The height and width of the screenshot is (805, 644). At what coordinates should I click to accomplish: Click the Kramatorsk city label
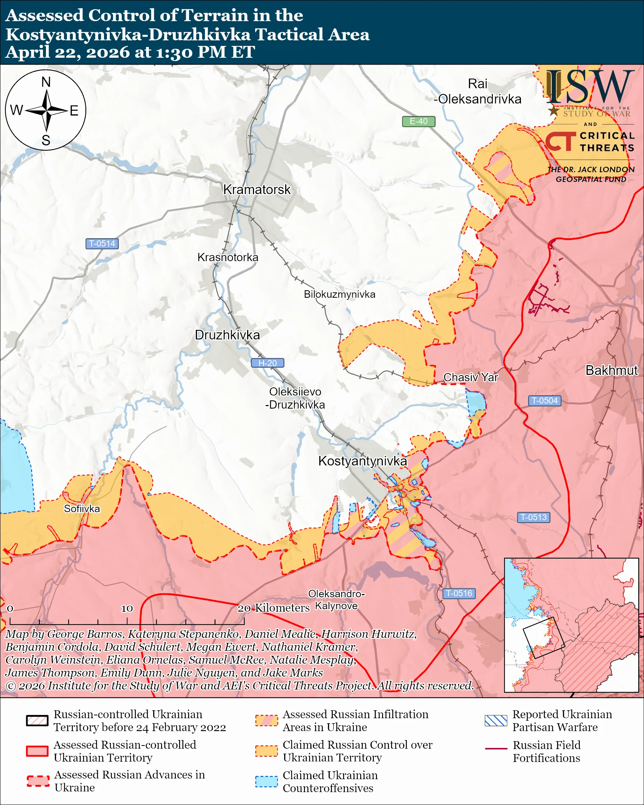point(257,189)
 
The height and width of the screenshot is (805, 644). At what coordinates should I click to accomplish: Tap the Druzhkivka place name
point(227,335)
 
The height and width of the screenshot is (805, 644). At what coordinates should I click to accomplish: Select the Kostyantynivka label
point(362,461)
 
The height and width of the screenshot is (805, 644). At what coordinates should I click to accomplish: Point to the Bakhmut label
point(611,370)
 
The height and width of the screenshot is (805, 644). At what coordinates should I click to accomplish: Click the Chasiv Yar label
point(470,377)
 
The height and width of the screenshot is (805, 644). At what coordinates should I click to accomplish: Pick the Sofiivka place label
point(82,509)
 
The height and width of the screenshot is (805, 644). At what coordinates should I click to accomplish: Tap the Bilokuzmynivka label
point(339,294)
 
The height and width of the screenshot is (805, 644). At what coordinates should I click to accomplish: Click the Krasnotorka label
point(227,257)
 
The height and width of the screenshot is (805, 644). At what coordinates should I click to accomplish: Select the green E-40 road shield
point(418,121)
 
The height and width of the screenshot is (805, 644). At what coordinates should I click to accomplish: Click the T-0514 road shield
point(102,244)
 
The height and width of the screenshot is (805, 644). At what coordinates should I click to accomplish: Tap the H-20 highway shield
point(267,363)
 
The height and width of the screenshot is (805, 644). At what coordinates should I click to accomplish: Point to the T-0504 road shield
point(544,401)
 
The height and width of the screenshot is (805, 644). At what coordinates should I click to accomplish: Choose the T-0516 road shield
point(459,593)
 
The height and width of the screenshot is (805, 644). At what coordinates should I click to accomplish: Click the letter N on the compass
point(46,82)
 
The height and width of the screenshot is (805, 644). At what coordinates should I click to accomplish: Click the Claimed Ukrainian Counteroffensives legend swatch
point(266,781)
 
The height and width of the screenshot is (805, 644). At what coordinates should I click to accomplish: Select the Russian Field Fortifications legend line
point(496,749)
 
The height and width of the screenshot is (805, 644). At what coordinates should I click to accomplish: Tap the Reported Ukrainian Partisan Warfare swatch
point(496,720)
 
